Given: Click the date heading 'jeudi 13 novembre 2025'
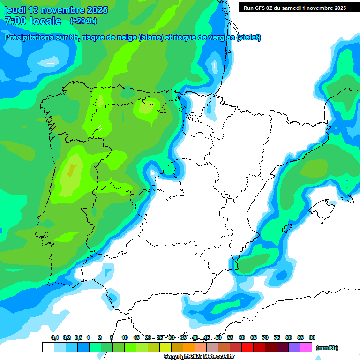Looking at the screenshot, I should coord(56,10).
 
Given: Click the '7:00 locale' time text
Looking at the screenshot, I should coord(32,21).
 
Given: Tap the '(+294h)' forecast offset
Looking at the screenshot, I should coord(83,21).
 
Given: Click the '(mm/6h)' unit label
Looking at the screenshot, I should coord(327,348).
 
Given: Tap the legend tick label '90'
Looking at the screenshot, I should coord(312,337).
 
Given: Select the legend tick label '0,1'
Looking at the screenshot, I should coord(55,337).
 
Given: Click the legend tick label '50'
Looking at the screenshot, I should coord(218,337).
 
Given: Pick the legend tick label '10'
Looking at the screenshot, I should coord(125,337).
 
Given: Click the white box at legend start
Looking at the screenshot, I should coord(48,347).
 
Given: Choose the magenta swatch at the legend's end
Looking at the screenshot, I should coord(306,347).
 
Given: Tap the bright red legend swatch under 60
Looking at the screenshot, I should coord(247,347).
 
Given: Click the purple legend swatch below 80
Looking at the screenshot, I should coord(294,347).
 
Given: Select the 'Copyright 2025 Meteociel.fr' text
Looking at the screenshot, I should coord(199,357).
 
